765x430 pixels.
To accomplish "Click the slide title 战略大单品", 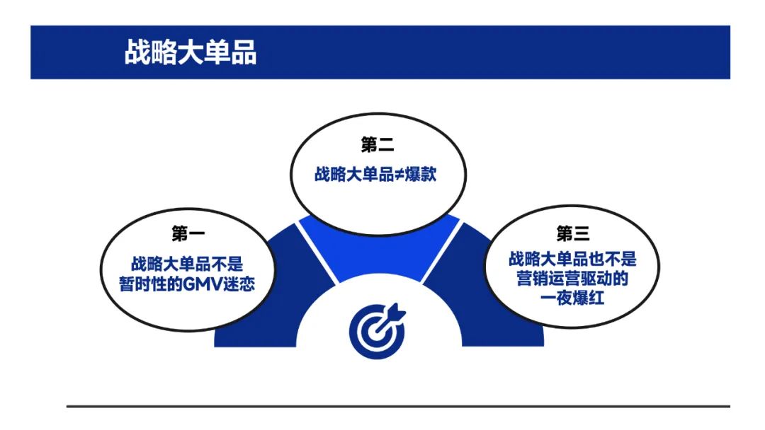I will point(191,52).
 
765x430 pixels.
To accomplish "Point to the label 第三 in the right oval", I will point(573,233).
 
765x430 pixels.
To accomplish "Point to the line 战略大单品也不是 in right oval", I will point(572,259).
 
